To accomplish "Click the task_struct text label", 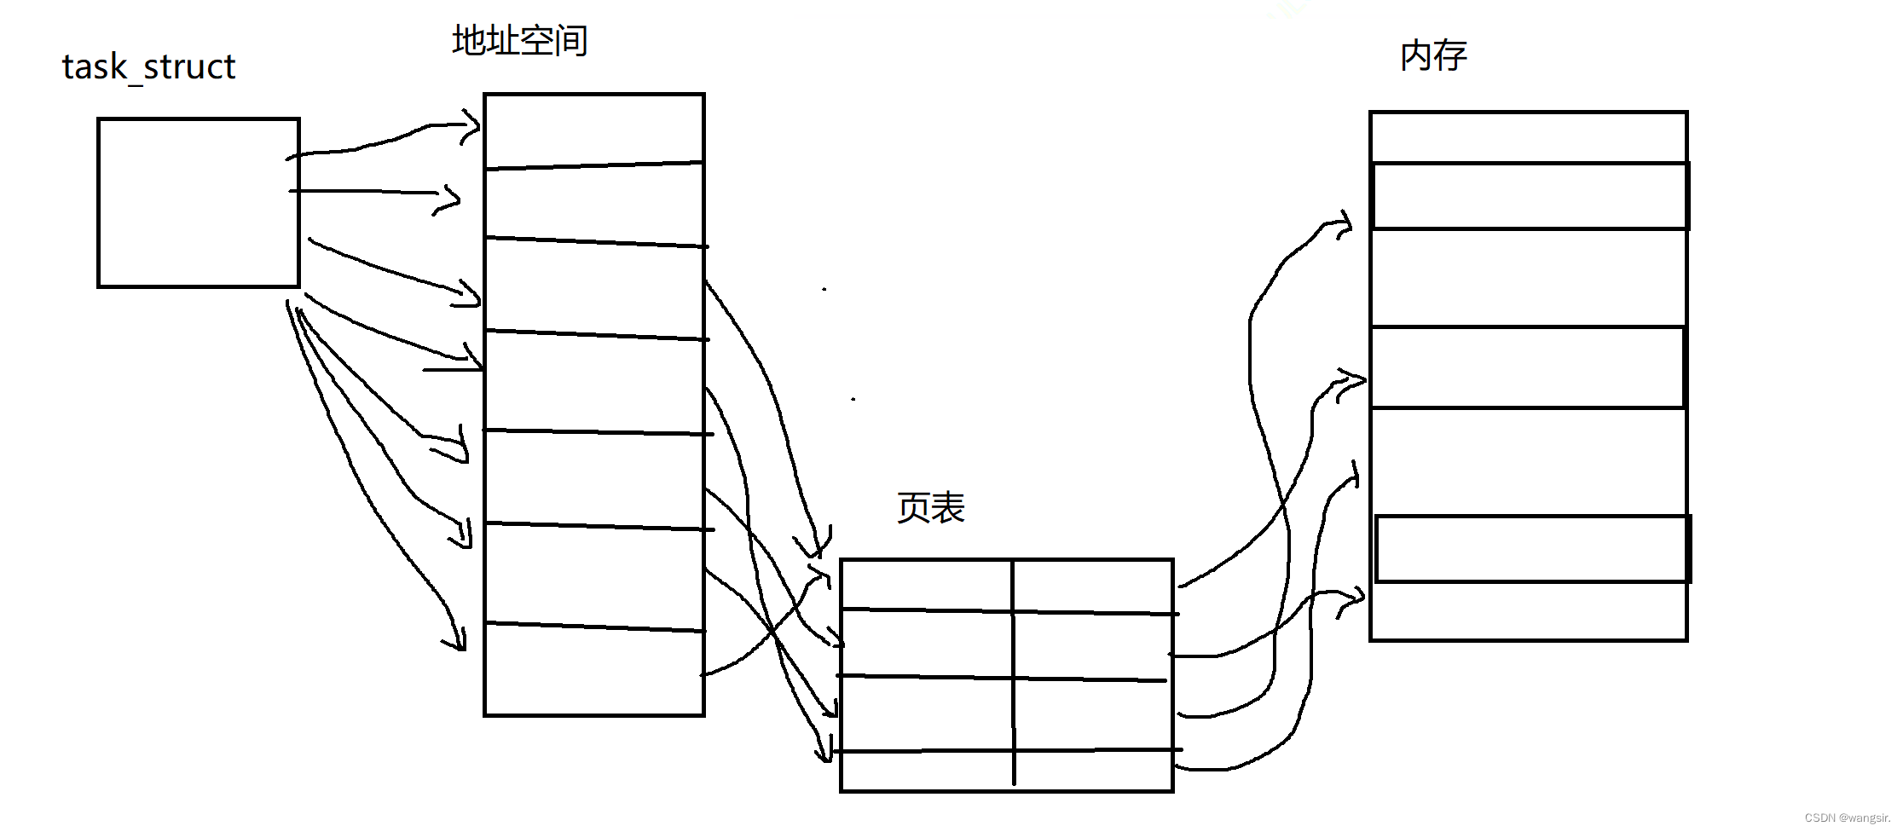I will coord(148,67).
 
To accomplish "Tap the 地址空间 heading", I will coord(519,40).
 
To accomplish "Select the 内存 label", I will coord(1433,56).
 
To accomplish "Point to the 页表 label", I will coord(930,508).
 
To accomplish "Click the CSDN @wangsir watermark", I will coord(1847,818).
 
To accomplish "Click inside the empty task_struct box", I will coord(198,203).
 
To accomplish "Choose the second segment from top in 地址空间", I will coord(593,203).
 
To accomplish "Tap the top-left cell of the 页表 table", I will coord(926,585).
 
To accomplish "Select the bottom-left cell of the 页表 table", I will coord(926,771).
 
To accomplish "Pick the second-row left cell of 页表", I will coord(926,644).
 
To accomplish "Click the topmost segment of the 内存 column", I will coord(1528,136).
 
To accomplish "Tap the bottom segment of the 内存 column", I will coord(1528,611).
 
